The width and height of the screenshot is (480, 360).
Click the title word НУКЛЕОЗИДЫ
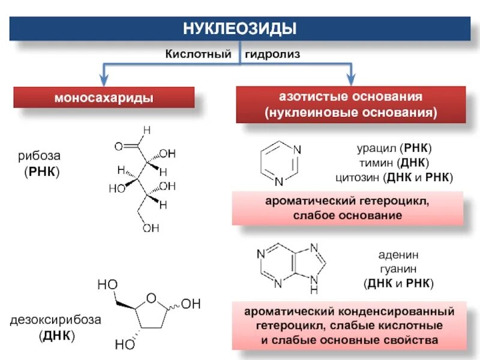point(239,29)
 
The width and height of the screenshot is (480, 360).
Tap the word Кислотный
point(199,54)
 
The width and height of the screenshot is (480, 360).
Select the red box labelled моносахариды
point(104,97)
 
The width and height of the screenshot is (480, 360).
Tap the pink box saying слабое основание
point(348,208)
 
